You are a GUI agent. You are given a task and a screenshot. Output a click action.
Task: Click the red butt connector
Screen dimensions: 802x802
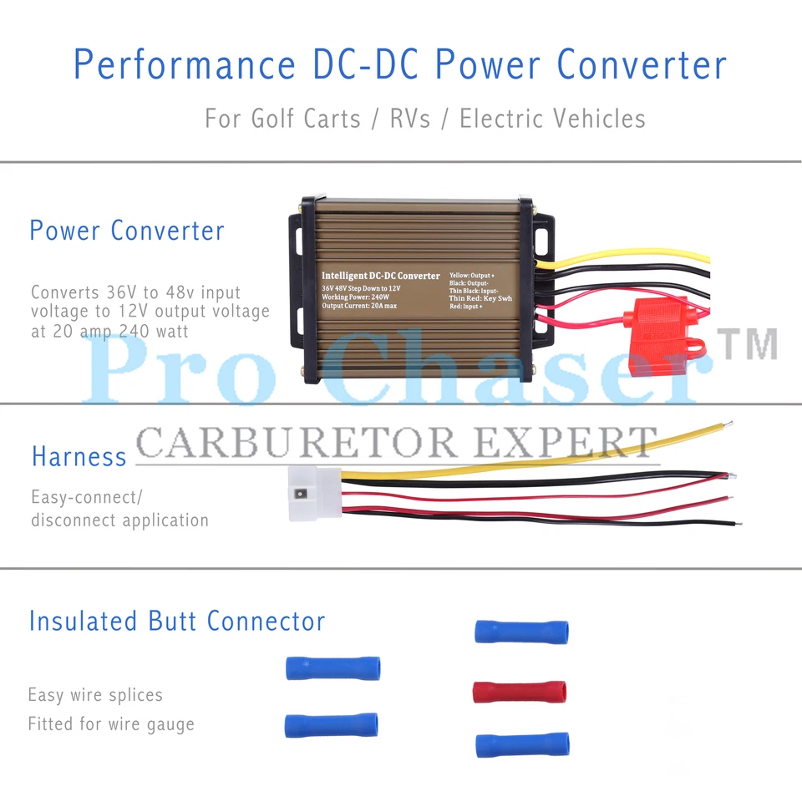(x=519, y=692)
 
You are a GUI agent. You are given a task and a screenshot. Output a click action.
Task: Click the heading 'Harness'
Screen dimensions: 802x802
(x=79, y=456)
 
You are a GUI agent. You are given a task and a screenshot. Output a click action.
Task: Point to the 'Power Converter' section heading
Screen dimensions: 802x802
(x=127, y=231)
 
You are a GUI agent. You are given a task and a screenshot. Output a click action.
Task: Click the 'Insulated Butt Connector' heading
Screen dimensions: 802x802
(x=176, y=621)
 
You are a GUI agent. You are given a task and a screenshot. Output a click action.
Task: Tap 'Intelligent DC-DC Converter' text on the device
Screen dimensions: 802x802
(x=381, y=276)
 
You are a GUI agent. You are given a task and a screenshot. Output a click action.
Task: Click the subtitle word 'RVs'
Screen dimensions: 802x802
(x=410, y=119)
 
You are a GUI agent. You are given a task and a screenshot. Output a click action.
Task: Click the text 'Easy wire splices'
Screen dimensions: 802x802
(x=95, y=695)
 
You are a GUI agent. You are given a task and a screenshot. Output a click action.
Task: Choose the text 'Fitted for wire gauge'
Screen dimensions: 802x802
(x=110, y=723)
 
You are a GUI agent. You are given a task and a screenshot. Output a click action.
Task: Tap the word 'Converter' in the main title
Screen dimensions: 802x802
(x=642, y=64)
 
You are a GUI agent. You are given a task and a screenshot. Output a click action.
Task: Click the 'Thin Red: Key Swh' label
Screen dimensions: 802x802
(x=480, y=297)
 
